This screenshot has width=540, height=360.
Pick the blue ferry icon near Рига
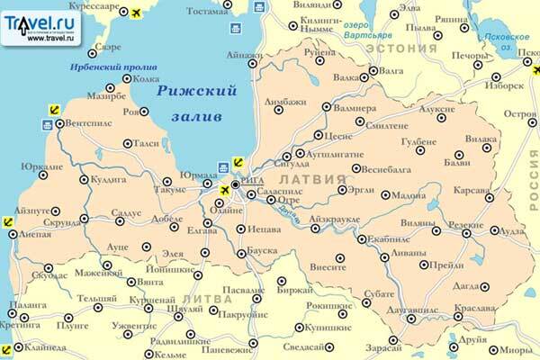coord(223,167)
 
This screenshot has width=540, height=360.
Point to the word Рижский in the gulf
coord(187,91)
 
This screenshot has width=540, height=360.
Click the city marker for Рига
coord(235,185)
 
